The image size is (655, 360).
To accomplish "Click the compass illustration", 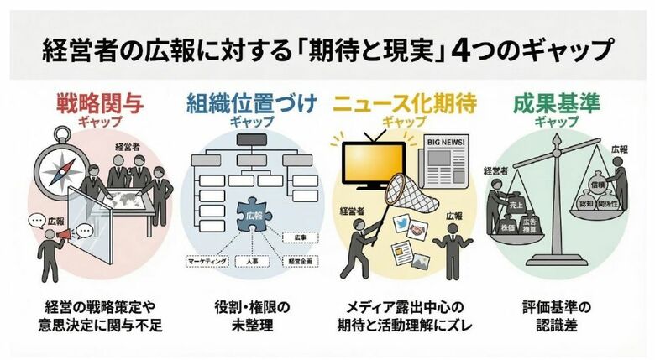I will coord(63,160).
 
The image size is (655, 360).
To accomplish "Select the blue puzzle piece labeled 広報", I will coord(252,217).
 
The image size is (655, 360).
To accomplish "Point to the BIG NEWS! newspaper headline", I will coord(449,143).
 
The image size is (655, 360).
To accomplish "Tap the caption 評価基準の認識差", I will coord(557,314).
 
